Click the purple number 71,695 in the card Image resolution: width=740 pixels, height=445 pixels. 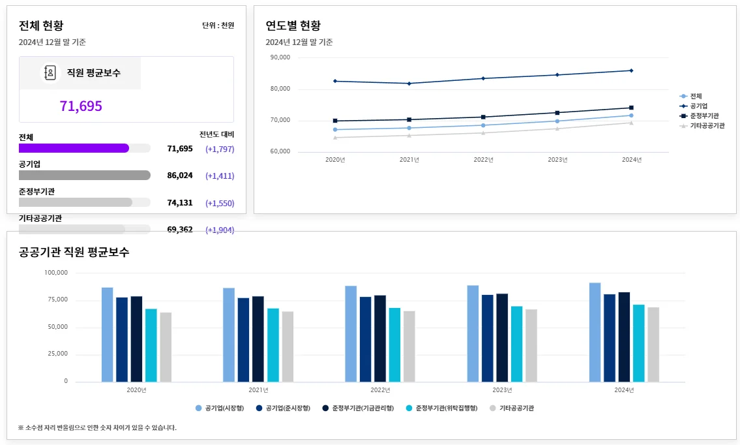point(81,106)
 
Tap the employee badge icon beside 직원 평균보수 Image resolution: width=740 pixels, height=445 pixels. point(50,73)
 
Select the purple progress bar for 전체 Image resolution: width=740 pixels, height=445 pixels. point(74,148)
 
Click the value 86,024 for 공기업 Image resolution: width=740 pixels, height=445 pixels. point(180,176)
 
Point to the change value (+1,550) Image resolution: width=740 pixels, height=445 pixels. point(220,203)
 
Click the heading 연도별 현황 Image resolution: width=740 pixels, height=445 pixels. point(293,26)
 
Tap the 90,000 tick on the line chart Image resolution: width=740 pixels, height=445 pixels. point(280,57)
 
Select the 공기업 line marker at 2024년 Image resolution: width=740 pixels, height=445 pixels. point(631,70)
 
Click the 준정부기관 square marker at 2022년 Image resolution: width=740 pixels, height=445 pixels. point(483,117)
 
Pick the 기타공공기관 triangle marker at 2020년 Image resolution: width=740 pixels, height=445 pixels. point(335,137)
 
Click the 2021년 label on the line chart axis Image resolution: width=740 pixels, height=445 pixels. point(409,160)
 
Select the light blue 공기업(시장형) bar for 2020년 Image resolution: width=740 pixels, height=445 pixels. point(107,334)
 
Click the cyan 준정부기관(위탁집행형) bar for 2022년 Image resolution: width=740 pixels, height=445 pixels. point(394,345)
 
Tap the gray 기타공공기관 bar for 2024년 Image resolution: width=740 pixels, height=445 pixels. point(653,344)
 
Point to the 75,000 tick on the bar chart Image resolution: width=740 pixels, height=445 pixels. point(57,299)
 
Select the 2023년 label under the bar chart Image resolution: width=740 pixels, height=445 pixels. point(502,390)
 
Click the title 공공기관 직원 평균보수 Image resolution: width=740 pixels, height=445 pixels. point(74,252)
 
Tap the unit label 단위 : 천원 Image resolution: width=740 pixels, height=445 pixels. point(218,25)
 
